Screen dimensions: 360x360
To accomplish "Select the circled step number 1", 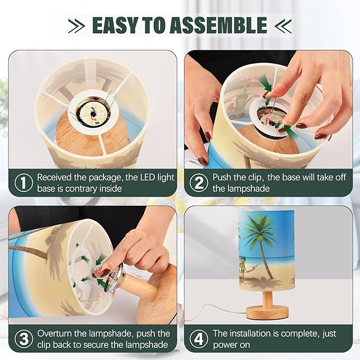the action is pyautogui.click(x=24, y=182).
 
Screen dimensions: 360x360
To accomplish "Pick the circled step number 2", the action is pyautogui.click(x=199, y=182).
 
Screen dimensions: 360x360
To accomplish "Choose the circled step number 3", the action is pyautogui.click(x=24, y=339).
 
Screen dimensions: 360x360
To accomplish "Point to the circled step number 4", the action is pyautogui.click(x=199, y=339).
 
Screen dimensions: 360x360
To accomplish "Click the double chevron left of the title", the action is pyautogui.click(x=76, y=26).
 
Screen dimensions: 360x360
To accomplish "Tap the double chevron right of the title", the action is pyautogui.click(x=283, y=26).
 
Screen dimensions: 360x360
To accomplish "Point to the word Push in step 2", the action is pyautogui.click(x=223, y=177).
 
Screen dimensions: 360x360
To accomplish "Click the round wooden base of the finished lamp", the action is pyautogui.click(x=267, y=313).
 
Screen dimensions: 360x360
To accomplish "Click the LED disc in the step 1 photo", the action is pyautogui.click(x=93, y=112).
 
